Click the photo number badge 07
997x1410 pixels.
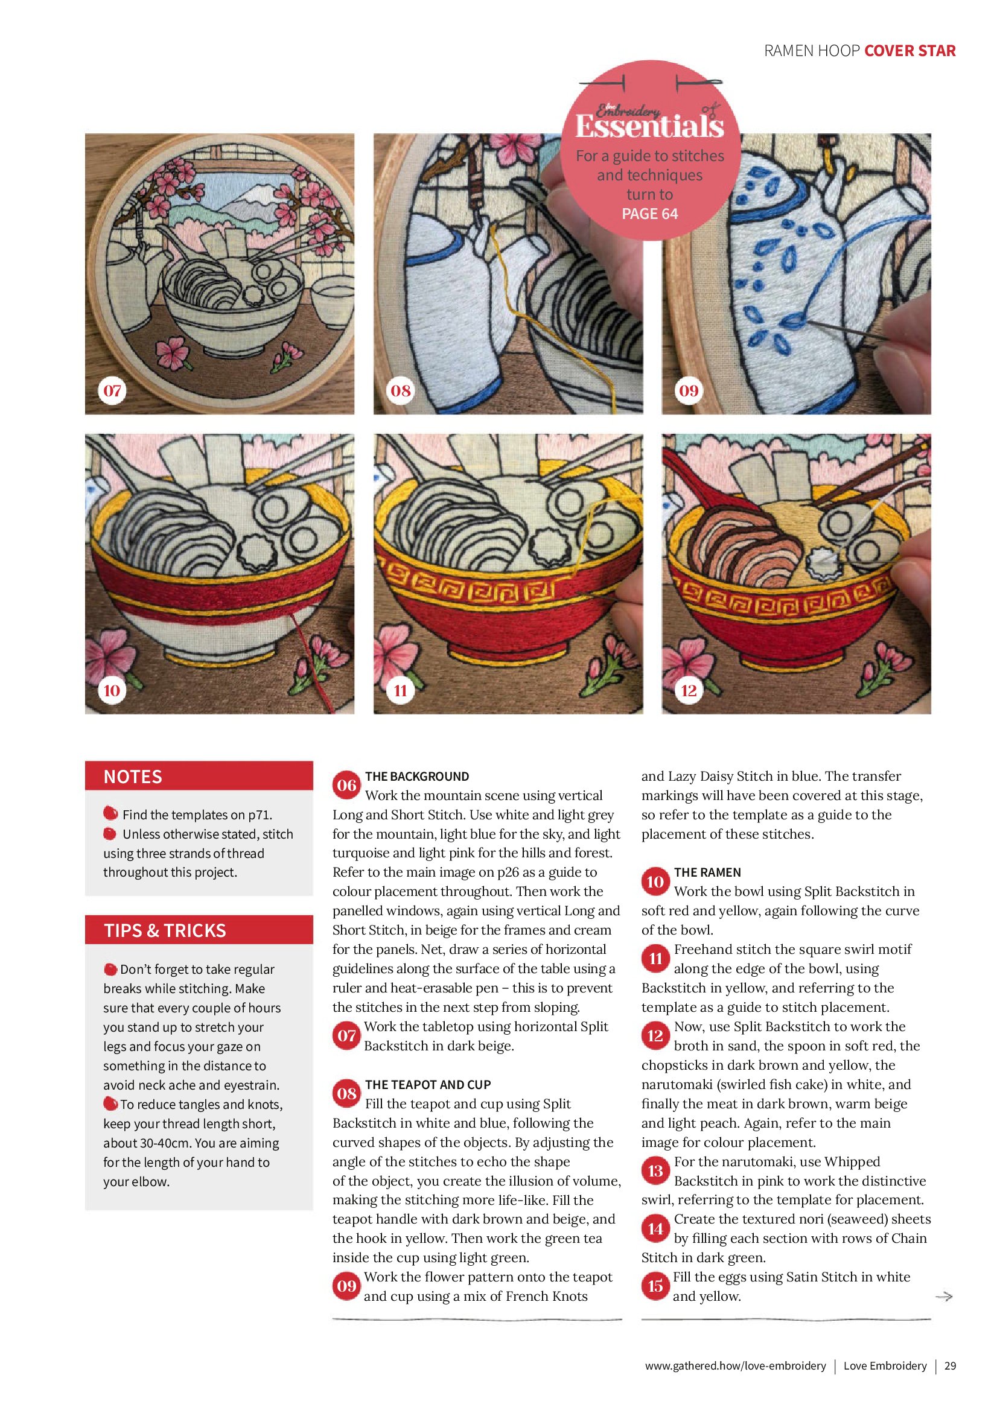112,390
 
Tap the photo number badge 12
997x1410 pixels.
689,690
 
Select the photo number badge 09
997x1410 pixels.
689,390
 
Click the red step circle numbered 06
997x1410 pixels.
346,786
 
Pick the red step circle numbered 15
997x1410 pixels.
655,1286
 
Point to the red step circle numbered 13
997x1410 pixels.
655,1170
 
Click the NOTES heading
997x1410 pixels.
133,777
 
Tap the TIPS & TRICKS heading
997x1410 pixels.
165,930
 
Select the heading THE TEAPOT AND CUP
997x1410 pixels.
427,1085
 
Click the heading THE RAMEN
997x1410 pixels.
707,872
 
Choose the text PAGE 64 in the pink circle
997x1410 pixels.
650,214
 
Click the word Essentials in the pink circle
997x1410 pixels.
649,127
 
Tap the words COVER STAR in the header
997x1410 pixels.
909,51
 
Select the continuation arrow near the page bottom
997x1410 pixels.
943,1297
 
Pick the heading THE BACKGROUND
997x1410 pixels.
417,776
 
